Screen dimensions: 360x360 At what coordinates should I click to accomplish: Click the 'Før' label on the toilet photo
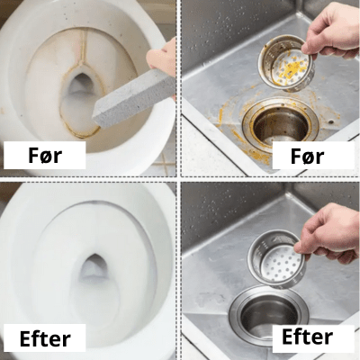[x=44, y=156]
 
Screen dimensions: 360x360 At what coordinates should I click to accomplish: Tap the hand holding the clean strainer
[x=328, y=229]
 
